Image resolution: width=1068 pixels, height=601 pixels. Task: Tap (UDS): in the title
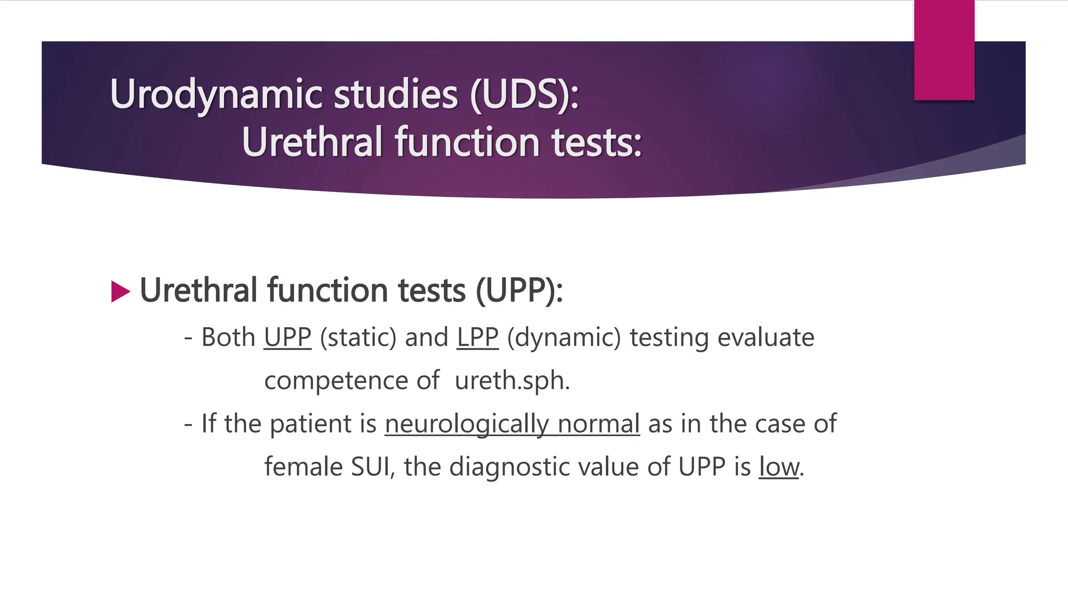click(x=525, y=95)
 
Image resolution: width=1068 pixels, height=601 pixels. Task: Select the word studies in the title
click(x=396, y=95)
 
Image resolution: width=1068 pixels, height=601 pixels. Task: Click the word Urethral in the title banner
click(x=312, y=142)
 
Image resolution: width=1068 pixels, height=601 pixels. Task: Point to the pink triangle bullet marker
click(x=120, y=292)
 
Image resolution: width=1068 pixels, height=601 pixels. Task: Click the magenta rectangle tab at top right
click(x=944, y=50)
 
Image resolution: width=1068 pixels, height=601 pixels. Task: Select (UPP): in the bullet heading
click(x=519, y=291)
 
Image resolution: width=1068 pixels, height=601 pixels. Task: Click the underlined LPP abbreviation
click(x=477, y=338)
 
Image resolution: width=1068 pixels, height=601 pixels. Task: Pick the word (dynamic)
click(x=564, y=338)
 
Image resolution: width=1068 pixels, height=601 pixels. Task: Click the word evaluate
click(x=766, y=338)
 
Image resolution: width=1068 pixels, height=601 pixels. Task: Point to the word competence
click(x=336, y=380)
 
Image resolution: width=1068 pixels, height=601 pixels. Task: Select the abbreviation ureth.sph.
click(x=512, y=380)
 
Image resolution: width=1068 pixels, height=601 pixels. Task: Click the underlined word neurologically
click(x=467, y=424)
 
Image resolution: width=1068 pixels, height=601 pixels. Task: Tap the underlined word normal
click(x=598, y=424)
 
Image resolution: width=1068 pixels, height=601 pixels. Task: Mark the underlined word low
click(x=779, y=466)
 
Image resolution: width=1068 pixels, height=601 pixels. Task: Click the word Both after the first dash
click(x=228, y=338)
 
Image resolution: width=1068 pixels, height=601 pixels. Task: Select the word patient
click(x=310, y=424)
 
